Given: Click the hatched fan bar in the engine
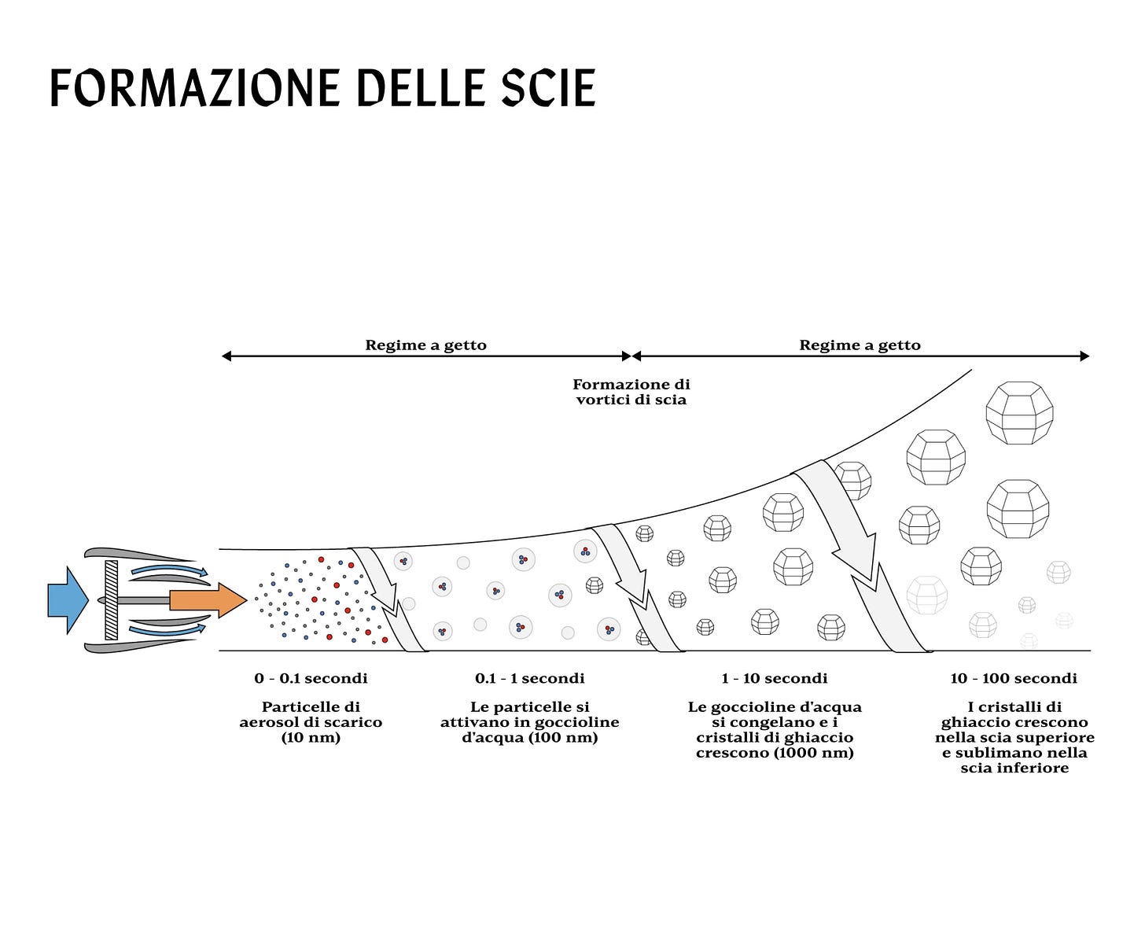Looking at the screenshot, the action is click(x=111, y=599).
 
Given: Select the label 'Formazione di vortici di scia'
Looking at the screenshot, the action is click(x=631, y=392).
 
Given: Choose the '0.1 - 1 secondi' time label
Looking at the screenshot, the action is click(x=529, y=678).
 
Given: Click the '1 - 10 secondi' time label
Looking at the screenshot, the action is click(x=774, y=678).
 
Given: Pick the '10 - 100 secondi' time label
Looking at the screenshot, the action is click(x=1013, y=678).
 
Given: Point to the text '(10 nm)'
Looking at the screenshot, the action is click(x=311, y=737).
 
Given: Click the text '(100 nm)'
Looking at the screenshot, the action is click(x=563, y=737).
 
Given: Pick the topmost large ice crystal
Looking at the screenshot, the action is click(x=1019, y=413).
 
